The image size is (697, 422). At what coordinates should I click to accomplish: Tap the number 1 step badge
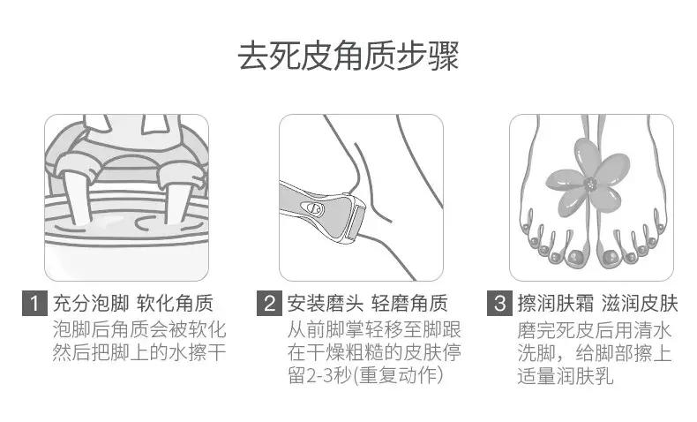[x=32, y=305]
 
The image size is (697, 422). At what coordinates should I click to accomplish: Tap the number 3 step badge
[x=500, y=305]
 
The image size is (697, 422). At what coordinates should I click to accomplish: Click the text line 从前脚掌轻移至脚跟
[x=374, y=330]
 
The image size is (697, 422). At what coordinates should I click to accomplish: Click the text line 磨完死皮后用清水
[x=592, y=330]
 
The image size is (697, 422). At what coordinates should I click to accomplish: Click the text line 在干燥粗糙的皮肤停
[x=374, y=353]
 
